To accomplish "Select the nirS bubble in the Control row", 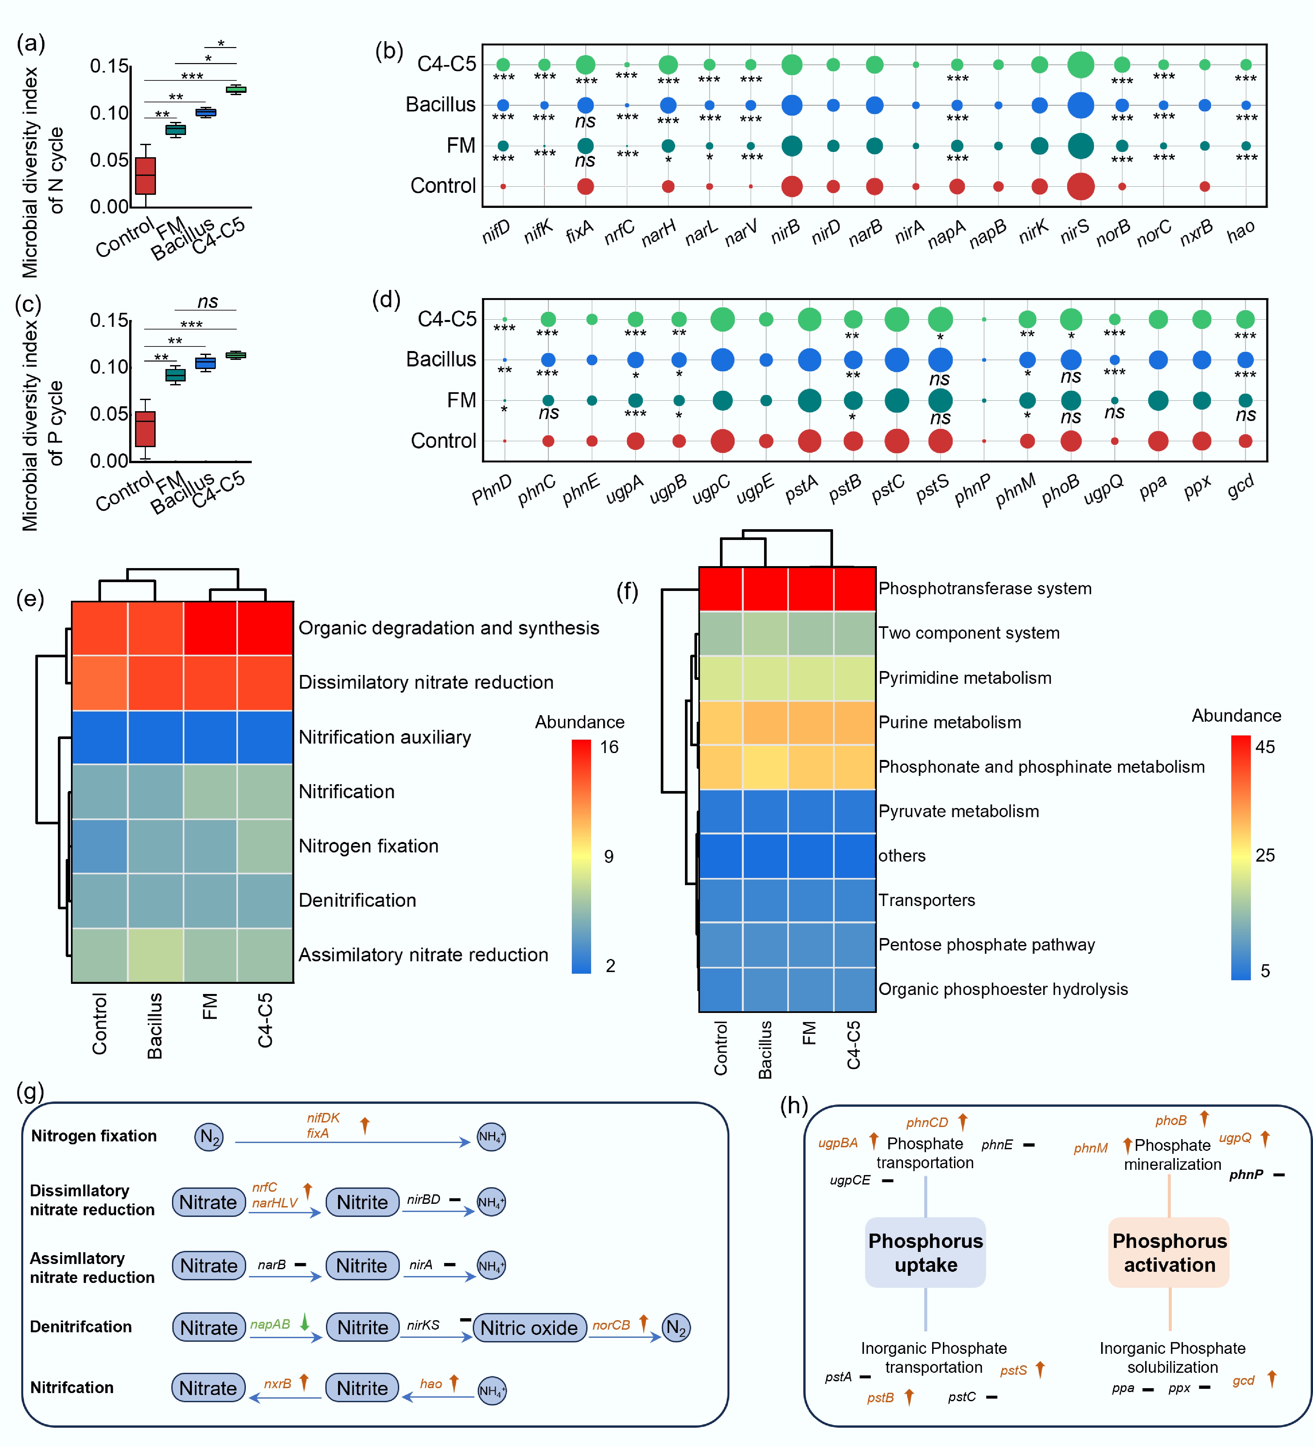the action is tap(1081, 187).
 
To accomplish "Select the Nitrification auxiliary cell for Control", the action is tap(100, 737).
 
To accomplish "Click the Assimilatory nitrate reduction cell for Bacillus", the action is tap(155, 955).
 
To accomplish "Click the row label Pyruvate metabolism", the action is tap(958, 811).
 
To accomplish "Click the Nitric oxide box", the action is tap(529, 1328).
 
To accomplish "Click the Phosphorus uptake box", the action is tap(925, 1253).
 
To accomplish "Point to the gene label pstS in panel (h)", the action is tap(1013, 1370).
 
